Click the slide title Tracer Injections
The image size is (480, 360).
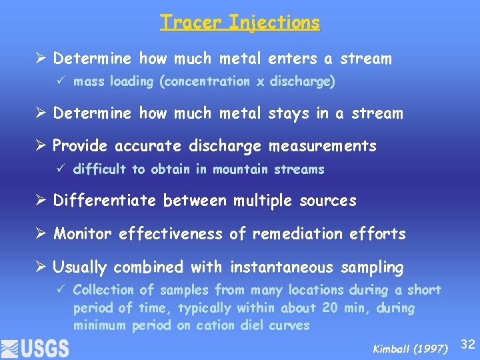tap(240, 23)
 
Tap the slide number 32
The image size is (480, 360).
tap(468, 344)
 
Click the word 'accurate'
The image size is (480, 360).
tap(145, 146)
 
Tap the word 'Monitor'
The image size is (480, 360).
tap(83, 234)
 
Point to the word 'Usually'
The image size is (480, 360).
tap(80, 268)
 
